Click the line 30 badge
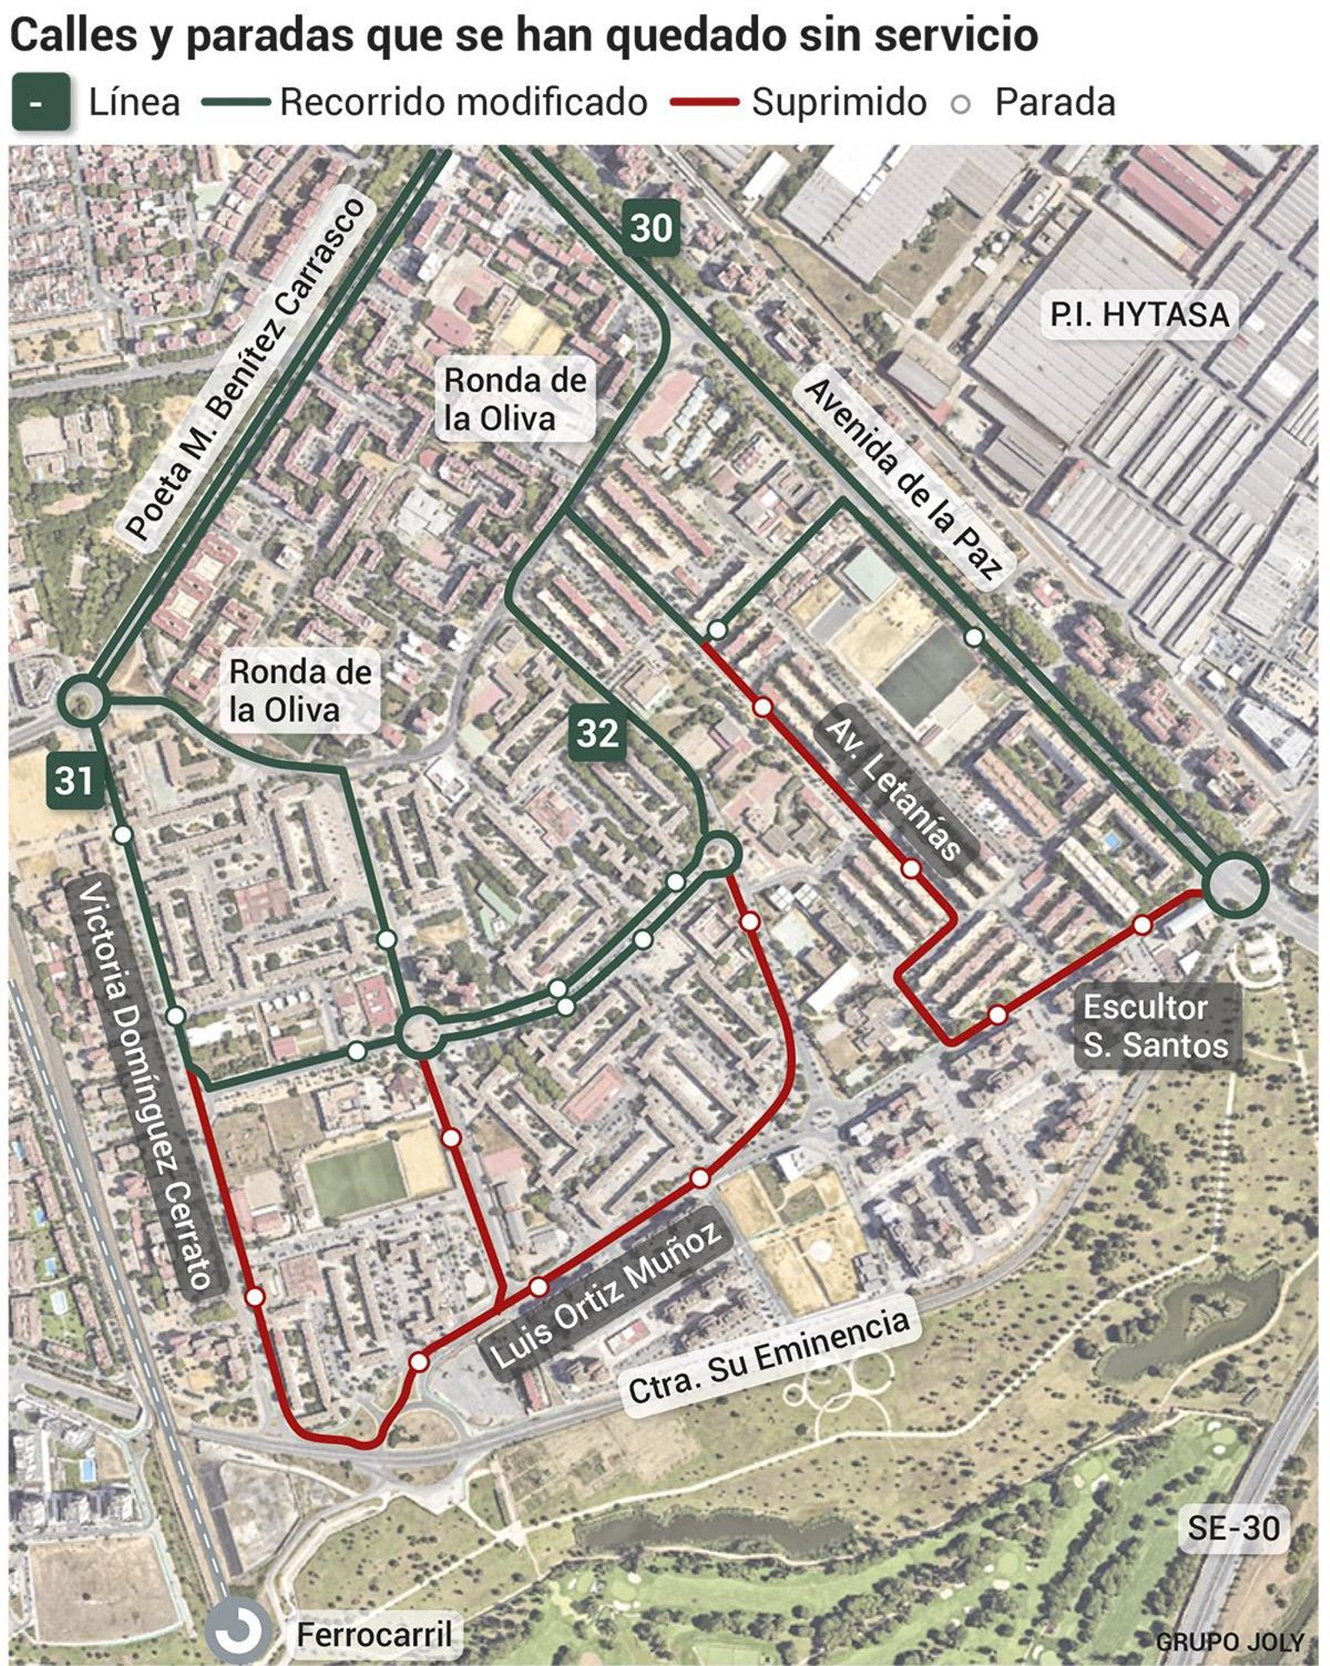pyautogui.click(x=651, y=228)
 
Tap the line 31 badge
pyautogui.click(x=74, y=780)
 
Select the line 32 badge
pyautogui.click(x=598, y=733)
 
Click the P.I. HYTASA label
pyautogui.click(x=1138, y=315)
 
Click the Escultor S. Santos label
pyautogui.click(x=1155, y=1026)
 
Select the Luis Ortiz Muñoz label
pyautogui.click(x=605, y=1296)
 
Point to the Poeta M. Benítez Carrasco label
pyautogui.click(x=245, y=370)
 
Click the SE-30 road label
pyautogui.click(x=1233, y=1527)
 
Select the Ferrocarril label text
pyautogui.click(x=373, y=1634)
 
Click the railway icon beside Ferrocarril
pyautogui.click(x=238, y=1630)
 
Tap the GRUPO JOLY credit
pyautogui.click(x=1229, y=1642)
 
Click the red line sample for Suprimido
pyautogui.click(x=704, y=102)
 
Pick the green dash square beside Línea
pyautogui.click(x=40, y=102)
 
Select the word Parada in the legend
pyautogui.click(x=1054, y=102)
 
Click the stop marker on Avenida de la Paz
pyautogui.click(x=973, y=637)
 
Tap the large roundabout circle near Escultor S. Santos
pyautogui.click(x=1235, y=884)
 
